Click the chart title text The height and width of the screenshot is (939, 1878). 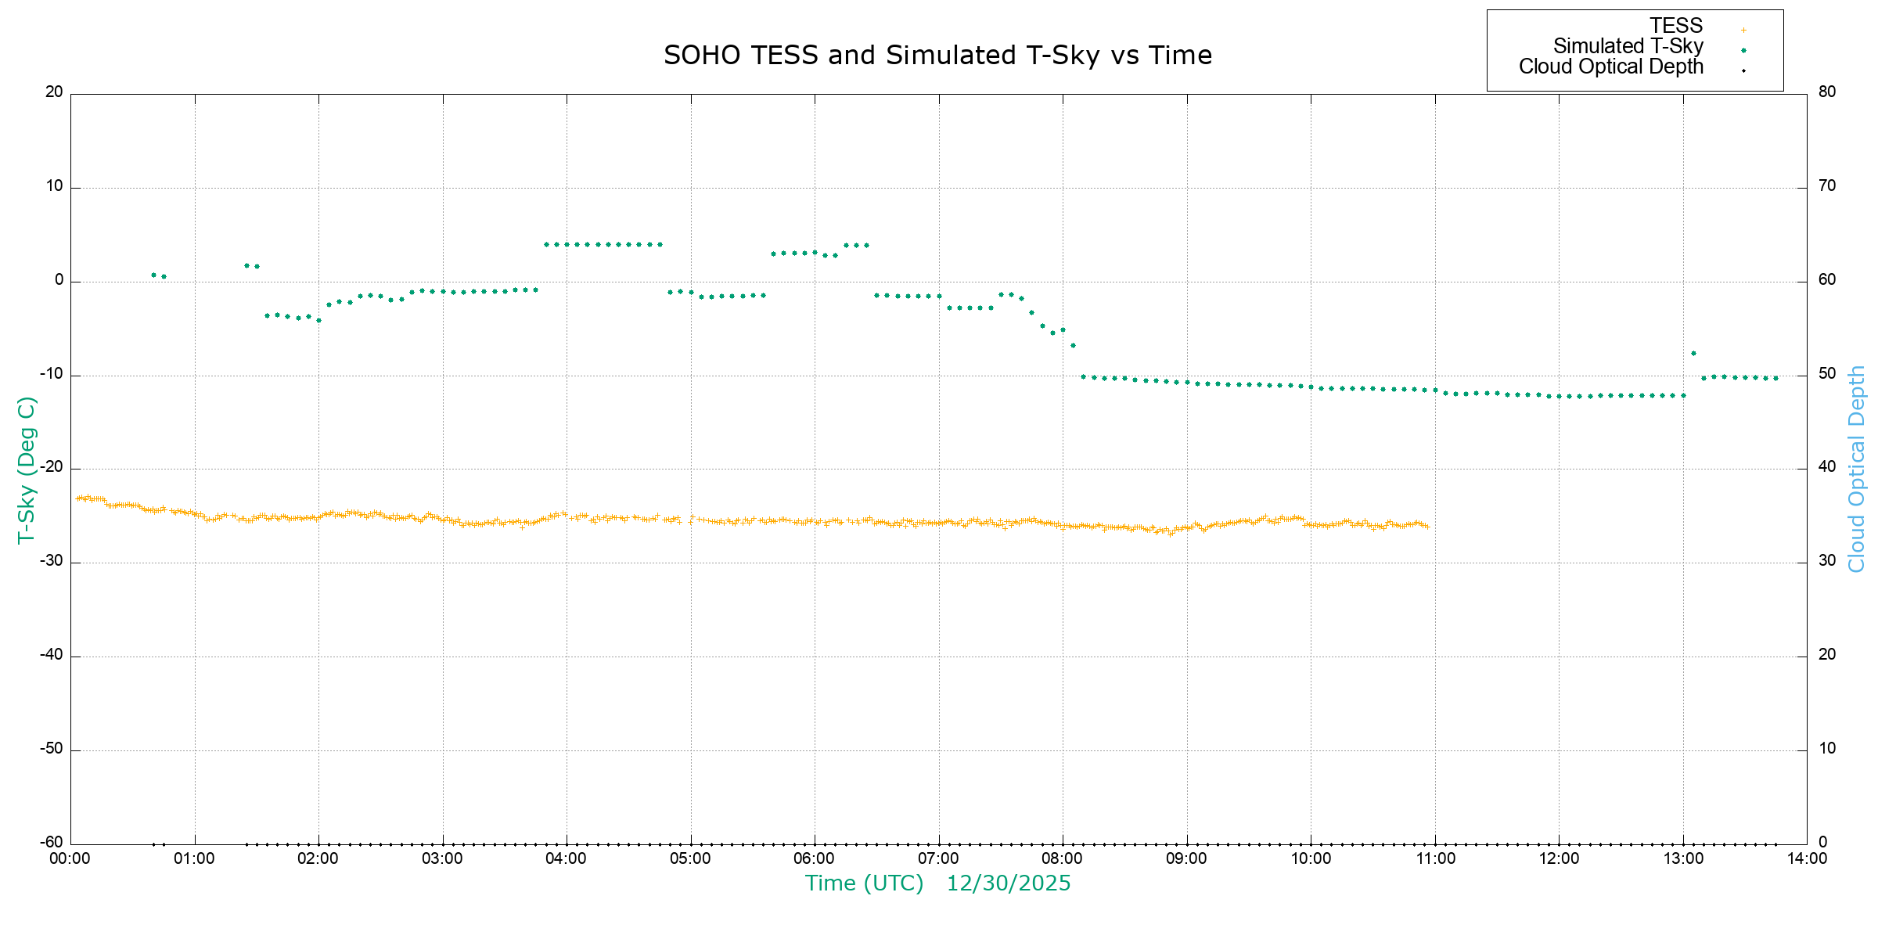point(937,56)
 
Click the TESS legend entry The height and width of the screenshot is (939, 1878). point(1676,26)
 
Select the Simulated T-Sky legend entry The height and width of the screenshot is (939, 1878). point(1628,46)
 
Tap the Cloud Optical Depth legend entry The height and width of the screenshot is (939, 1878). point(1610,67)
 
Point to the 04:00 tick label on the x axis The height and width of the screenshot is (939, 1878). point(566,858)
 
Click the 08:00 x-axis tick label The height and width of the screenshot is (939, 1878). point(1062,858)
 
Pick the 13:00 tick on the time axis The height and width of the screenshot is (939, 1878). point(1683,858)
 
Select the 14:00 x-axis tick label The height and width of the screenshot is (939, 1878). point(1807,858)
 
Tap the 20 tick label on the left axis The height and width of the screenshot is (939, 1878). point(54,92)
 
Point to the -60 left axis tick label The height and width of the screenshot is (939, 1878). point(51,842)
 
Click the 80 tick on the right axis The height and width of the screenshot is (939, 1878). point(1827,92)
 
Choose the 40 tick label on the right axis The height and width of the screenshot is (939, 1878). point(1827,467)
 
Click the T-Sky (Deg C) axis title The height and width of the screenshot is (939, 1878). point(27,469)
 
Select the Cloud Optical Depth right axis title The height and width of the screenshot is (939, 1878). point(1856,469)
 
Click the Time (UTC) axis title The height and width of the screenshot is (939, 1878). point(864,883)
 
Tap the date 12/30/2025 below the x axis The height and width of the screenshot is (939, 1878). point(1009,883)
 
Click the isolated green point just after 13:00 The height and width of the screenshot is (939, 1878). point(1693,354)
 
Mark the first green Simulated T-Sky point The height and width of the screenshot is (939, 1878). point(153,275)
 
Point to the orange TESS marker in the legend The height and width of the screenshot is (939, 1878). point(1743,31)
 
